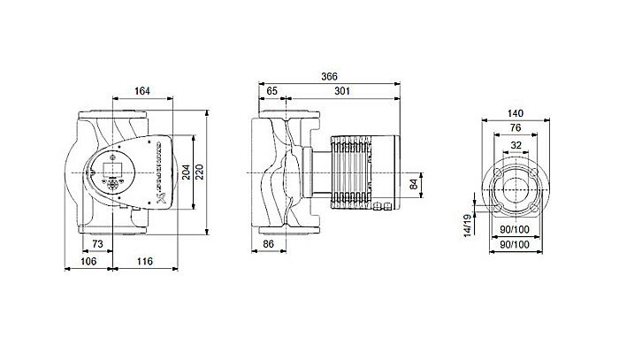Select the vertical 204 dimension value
coord(187,172)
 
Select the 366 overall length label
coord(329,77)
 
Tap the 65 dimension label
coord(271,90)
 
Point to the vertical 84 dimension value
coord(413,185)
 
